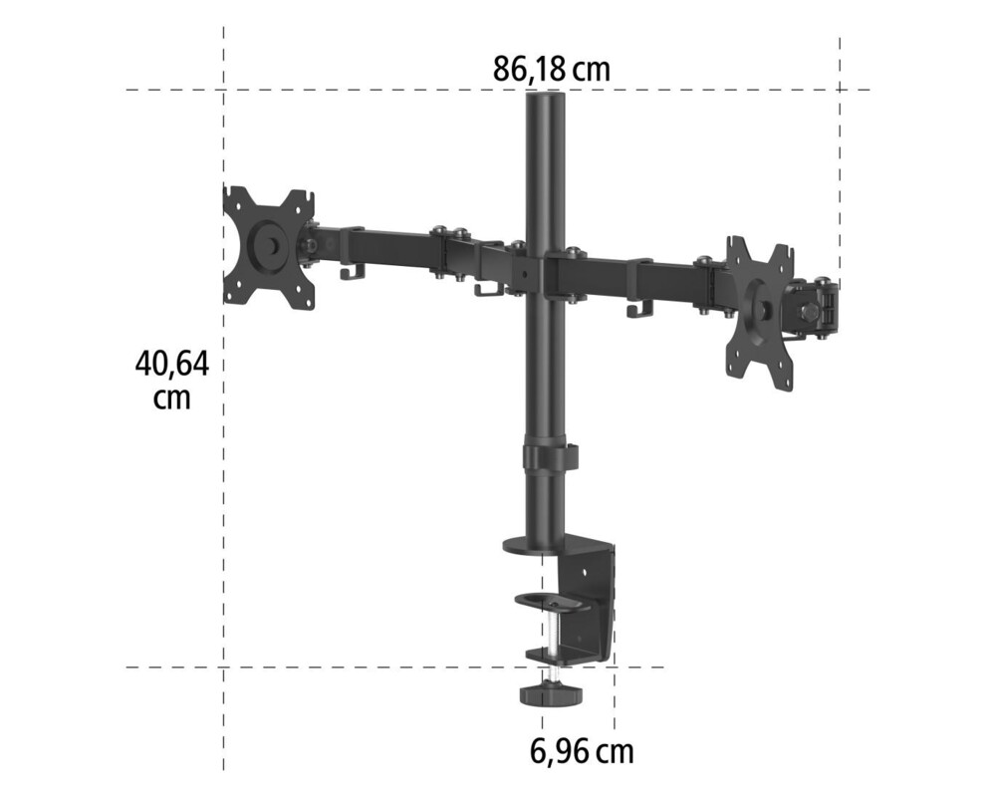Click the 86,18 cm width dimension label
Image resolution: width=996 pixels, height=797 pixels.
pos(551,70)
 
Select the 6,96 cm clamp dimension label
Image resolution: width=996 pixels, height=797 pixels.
pos(582,750)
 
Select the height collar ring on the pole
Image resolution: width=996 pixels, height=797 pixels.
pos(548,457)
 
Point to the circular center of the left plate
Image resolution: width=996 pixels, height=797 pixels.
pos(267,246)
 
